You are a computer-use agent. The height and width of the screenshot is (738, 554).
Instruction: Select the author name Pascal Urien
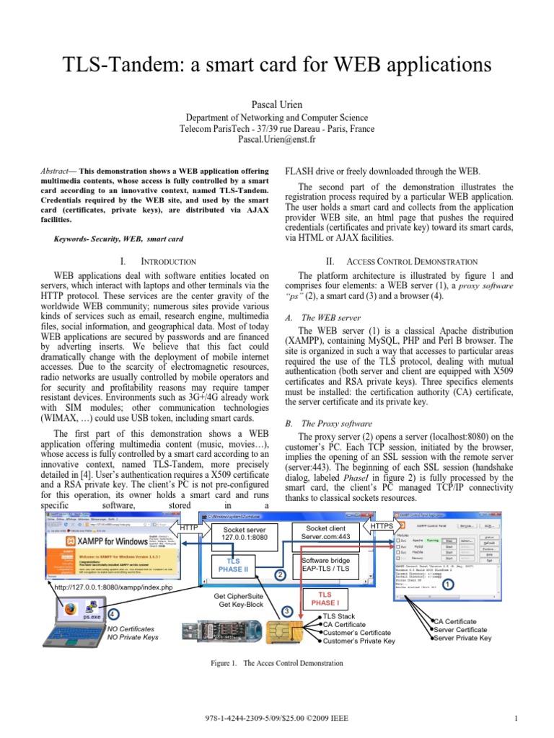click(x=276, y=105)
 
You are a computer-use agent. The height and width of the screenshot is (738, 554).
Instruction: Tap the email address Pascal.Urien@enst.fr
click(x=276, y=140)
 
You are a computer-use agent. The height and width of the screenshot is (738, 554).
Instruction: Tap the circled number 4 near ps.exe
click(x=113, y=613)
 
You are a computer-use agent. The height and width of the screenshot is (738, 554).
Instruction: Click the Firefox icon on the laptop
click(x=69, y=608)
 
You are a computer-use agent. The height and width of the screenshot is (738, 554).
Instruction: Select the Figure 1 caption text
click(x=276, y=662)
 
